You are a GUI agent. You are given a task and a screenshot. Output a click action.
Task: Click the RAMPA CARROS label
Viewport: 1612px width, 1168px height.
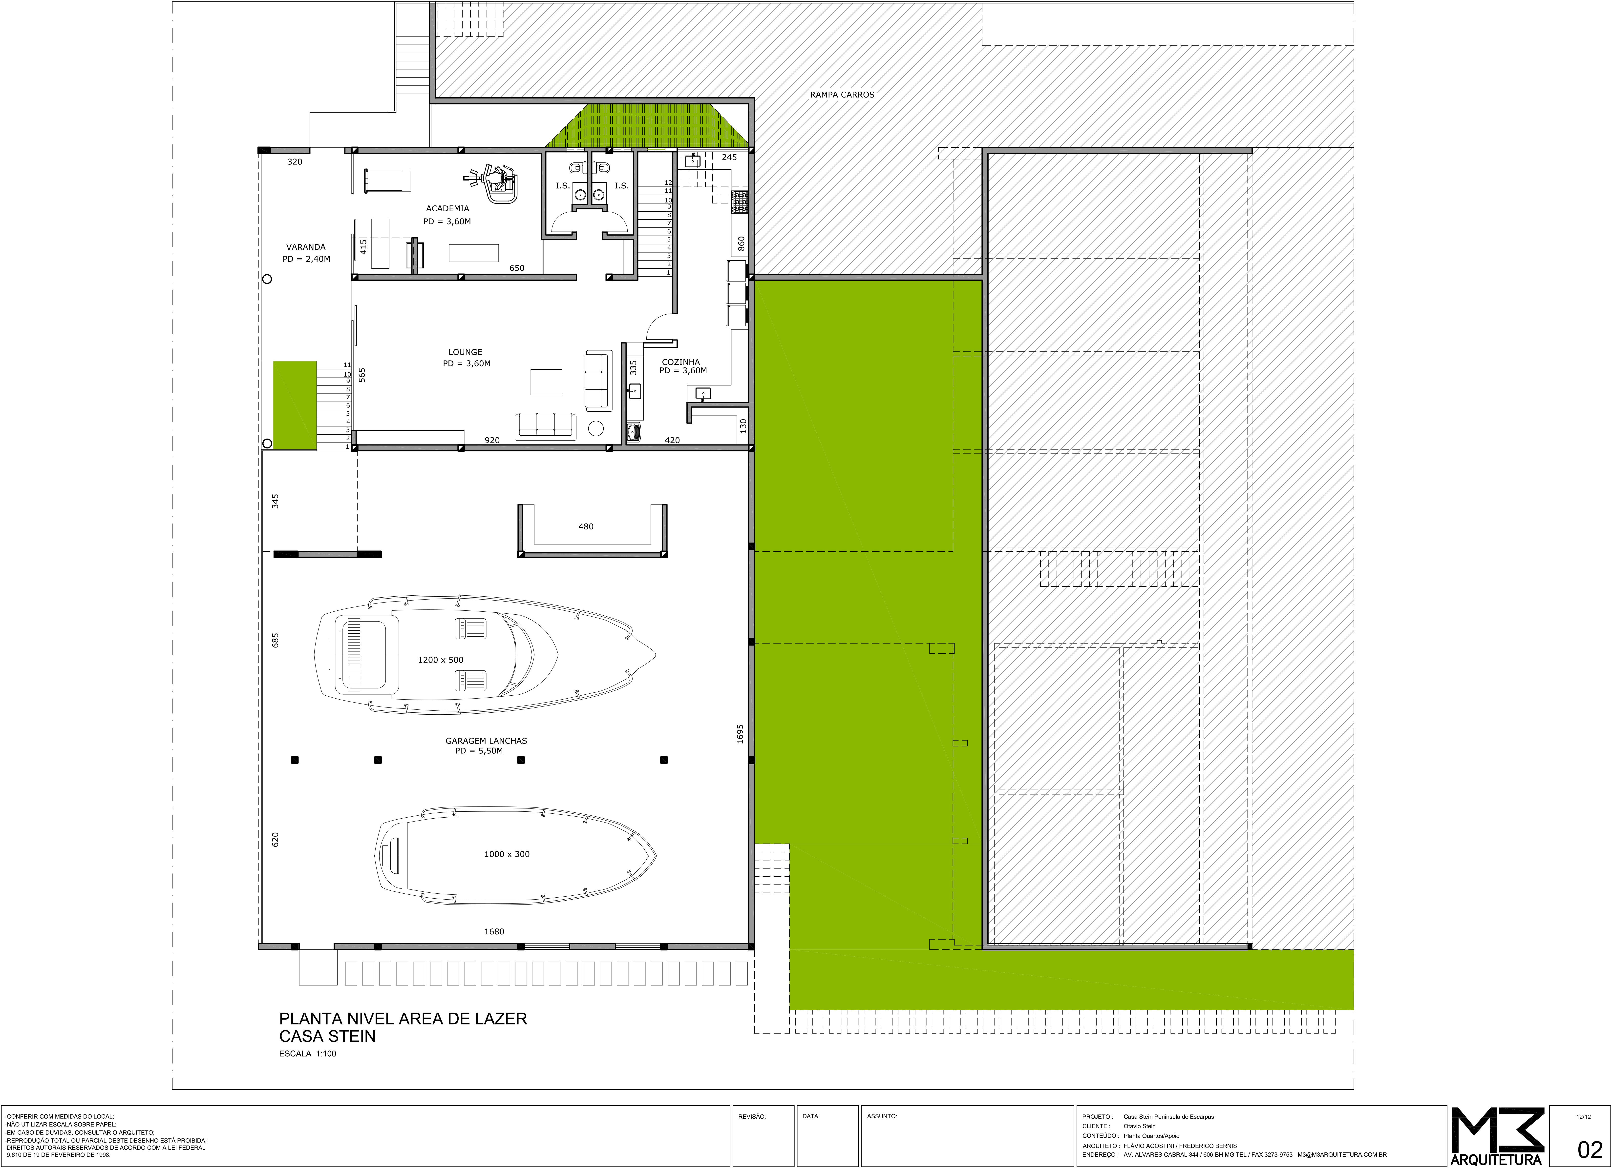[x=842, y=95]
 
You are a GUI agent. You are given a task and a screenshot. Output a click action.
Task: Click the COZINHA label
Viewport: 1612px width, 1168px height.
[x=681, y=362]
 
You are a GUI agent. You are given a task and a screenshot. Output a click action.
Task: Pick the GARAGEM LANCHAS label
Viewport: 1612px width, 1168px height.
[x=486, y=740]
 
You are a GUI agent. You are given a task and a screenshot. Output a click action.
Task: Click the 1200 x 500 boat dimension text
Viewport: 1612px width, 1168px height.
[x=441, y=660]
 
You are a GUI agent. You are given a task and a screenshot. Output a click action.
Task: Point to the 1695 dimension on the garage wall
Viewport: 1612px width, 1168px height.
[x=740, y=734]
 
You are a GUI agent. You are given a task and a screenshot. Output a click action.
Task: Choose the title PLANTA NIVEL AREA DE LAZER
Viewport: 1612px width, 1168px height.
[x=403, y=1019]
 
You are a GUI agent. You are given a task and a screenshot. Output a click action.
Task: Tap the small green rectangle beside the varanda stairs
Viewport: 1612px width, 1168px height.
[x=295, y=405]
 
